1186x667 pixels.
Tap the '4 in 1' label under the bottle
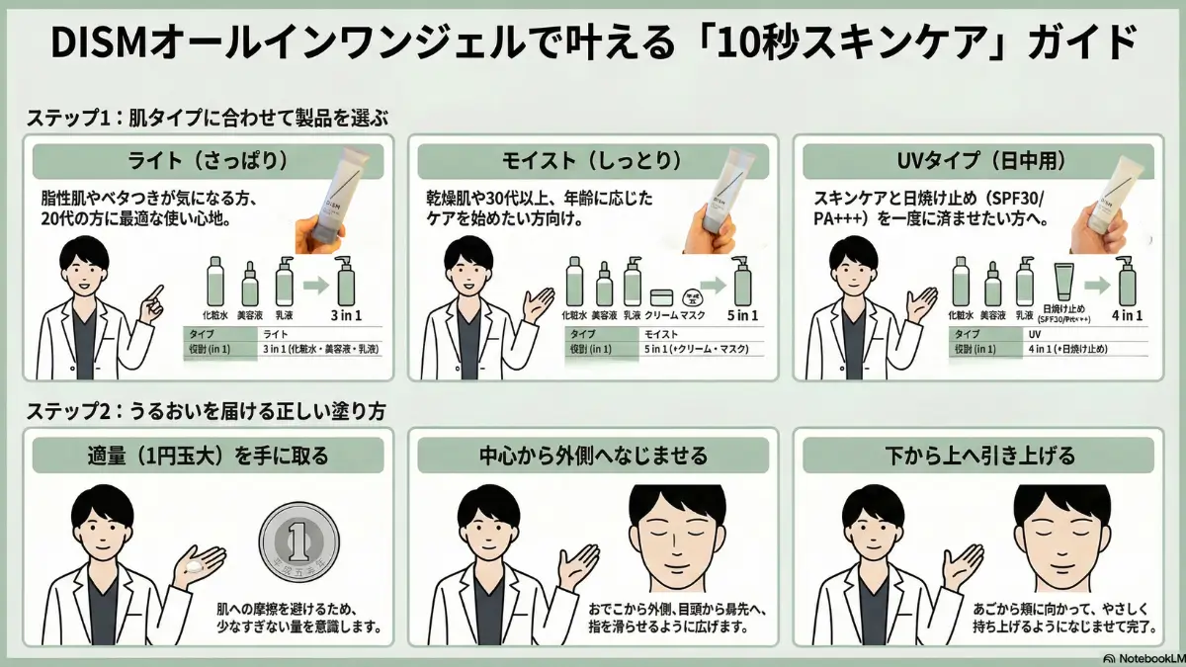(1126, 315)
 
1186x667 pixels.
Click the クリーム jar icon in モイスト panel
(661, 295)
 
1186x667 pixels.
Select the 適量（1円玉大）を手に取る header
(208, 456)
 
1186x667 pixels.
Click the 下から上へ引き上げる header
(977, 456)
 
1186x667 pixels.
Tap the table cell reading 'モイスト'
(653, 335)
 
